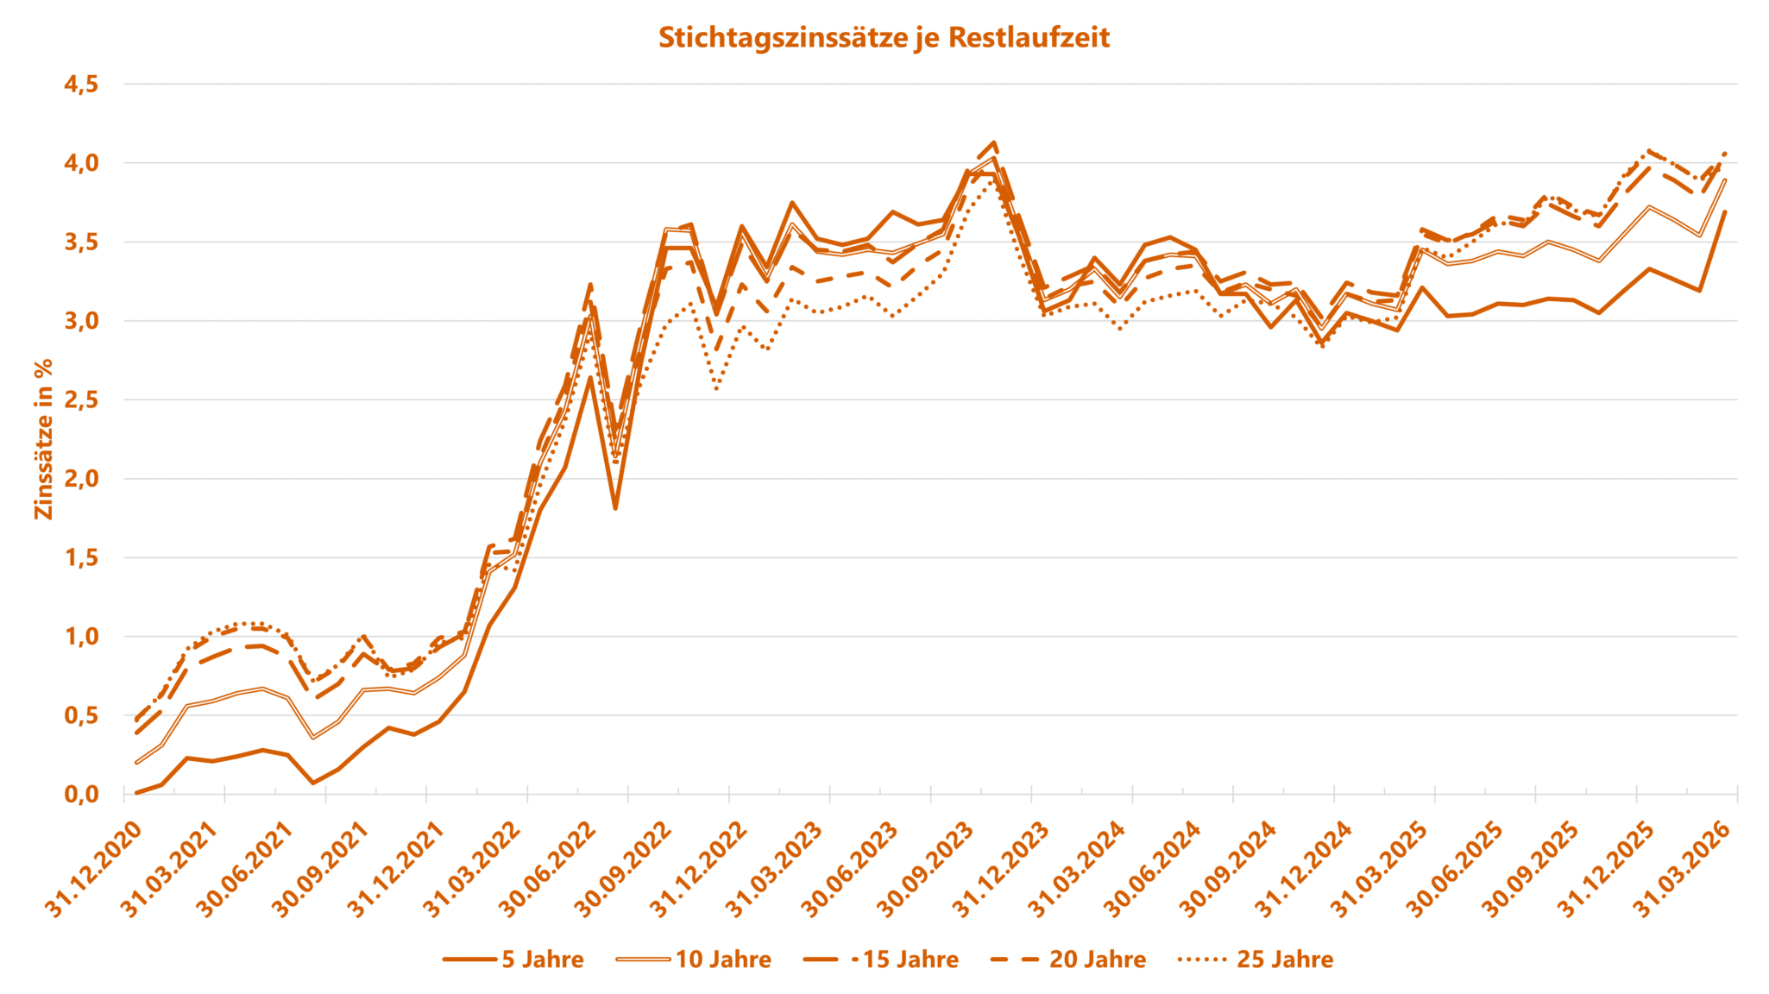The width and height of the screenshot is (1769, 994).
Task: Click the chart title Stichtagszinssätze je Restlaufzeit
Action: tap(884, 38)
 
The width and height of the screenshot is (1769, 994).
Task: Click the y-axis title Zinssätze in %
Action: tap(43, 439)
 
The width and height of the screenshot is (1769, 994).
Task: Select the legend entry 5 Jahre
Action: tap(542, 959)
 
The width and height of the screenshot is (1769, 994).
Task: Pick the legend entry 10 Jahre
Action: tap(723, 959)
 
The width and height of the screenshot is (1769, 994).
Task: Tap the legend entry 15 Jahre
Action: tap(910, 959)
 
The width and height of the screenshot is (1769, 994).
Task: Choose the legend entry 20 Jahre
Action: tap(1097, 959)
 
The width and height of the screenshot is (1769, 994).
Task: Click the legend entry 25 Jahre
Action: tap(1285, 959)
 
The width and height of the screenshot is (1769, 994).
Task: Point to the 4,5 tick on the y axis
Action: tap(81, 85)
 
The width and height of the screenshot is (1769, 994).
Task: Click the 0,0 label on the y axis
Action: tap(81, 795)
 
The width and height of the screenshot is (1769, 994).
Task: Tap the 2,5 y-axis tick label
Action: tap(81, 400)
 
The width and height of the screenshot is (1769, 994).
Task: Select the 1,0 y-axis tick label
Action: tap(81, 637)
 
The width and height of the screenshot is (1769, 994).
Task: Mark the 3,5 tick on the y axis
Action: tap(81, 242)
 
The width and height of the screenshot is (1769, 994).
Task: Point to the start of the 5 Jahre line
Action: tap(137, 792)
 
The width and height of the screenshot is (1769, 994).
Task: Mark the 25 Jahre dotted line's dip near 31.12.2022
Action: tap(716, 389)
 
